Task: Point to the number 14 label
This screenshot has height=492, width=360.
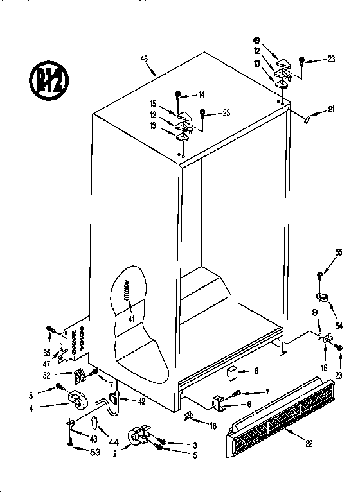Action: tap(201, 95)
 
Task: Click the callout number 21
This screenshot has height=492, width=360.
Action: tap(331, 109)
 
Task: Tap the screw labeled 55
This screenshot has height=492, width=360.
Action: tap(319, 276)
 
